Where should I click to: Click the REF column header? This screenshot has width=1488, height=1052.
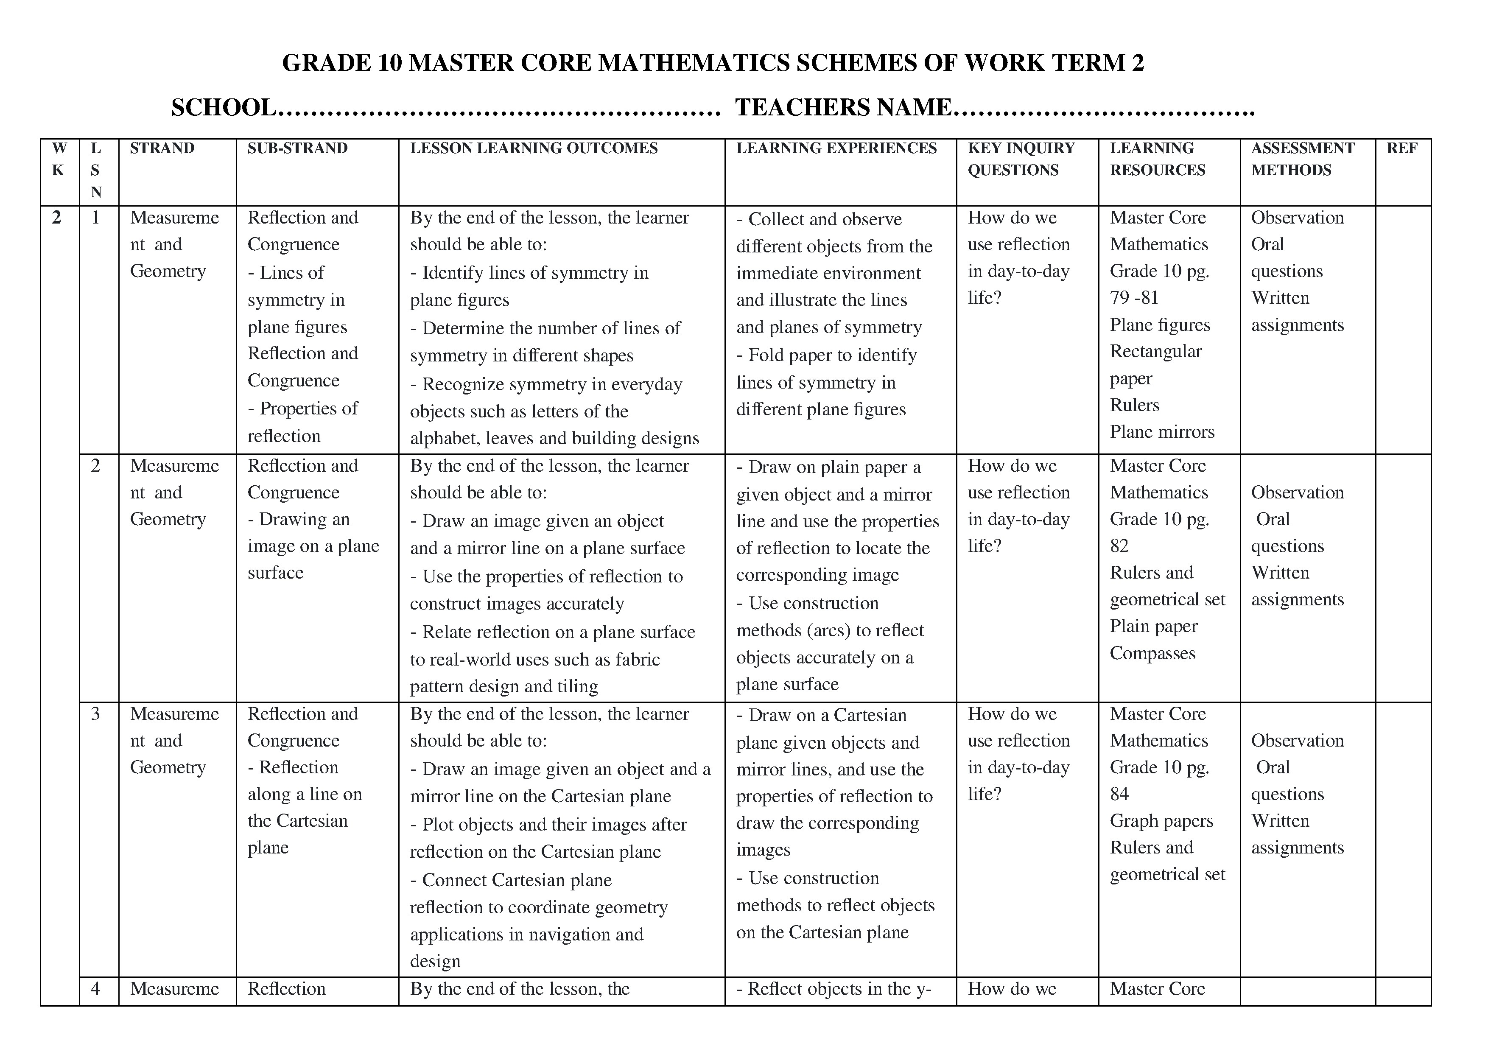coord(1402,148)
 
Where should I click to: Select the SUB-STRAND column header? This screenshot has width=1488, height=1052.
coord(297,148)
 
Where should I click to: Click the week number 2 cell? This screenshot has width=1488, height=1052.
coord(57,218)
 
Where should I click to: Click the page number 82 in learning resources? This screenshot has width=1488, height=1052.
coord(1119,546)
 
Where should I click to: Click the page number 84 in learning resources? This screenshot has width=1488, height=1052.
coord(1119,795)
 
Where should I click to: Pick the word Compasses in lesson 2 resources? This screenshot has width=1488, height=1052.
coord(1152,653)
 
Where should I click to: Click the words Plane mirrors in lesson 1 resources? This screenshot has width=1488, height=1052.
coord(1162,432)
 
